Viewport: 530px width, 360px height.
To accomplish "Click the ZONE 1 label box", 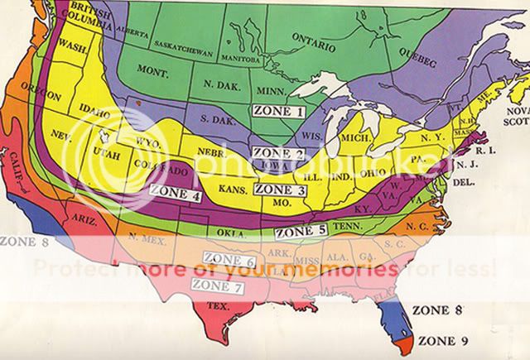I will tap(279, 110).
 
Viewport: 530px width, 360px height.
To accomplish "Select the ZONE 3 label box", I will tap(281, 190).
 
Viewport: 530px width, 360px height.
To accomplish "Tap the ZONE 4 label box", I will tap(175, 197).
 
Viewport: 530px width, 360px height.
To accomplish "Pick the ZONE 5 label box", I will tap(299, 232).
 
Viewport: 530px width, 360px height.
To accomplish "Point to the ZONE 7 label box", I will tap(217, 285).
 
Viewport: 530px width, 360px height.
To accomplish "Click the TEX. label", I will tap(217, 306).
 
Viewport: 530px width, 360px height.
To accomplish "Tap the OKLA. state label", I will tap(237, 234).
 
